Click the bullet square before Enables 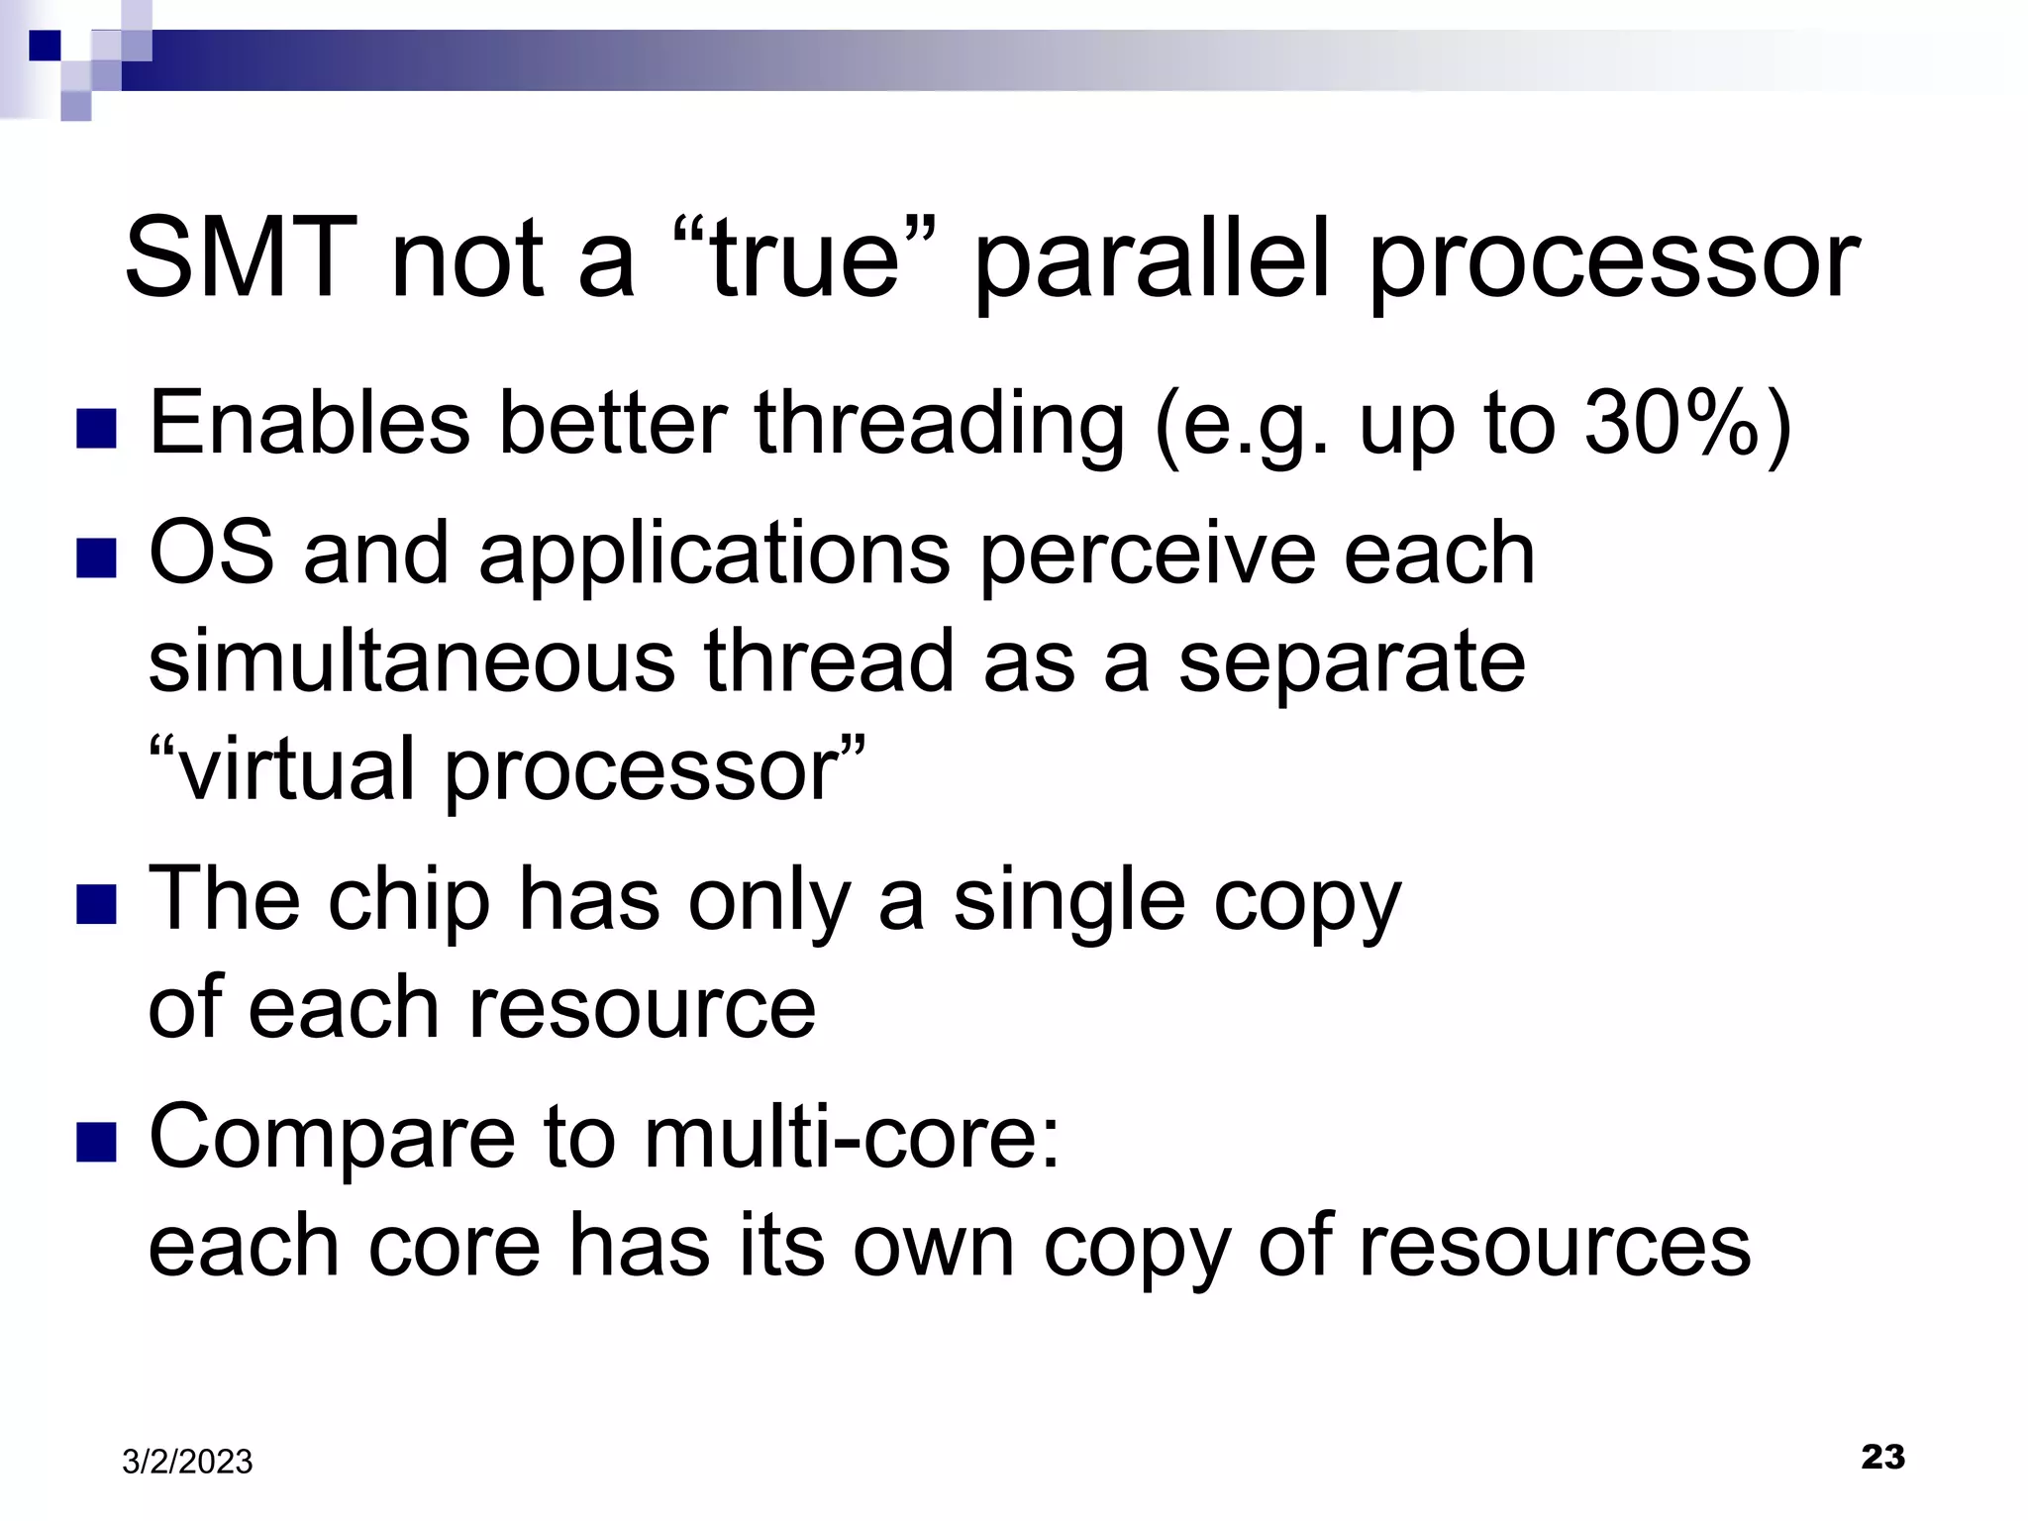pos(96,429)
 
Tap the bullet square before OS pos(96,558)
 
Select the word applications pos(714,555)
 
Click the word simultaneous pos(411,661)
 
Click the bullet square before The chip pos(96,904)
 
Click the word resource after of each pos(641,1008)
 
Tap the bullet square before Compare pos(96,1141)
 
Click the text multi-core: pos(852,1137)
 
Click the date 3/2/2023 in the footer pos(187,1462)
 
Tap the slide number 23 pos(1882,1457)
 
